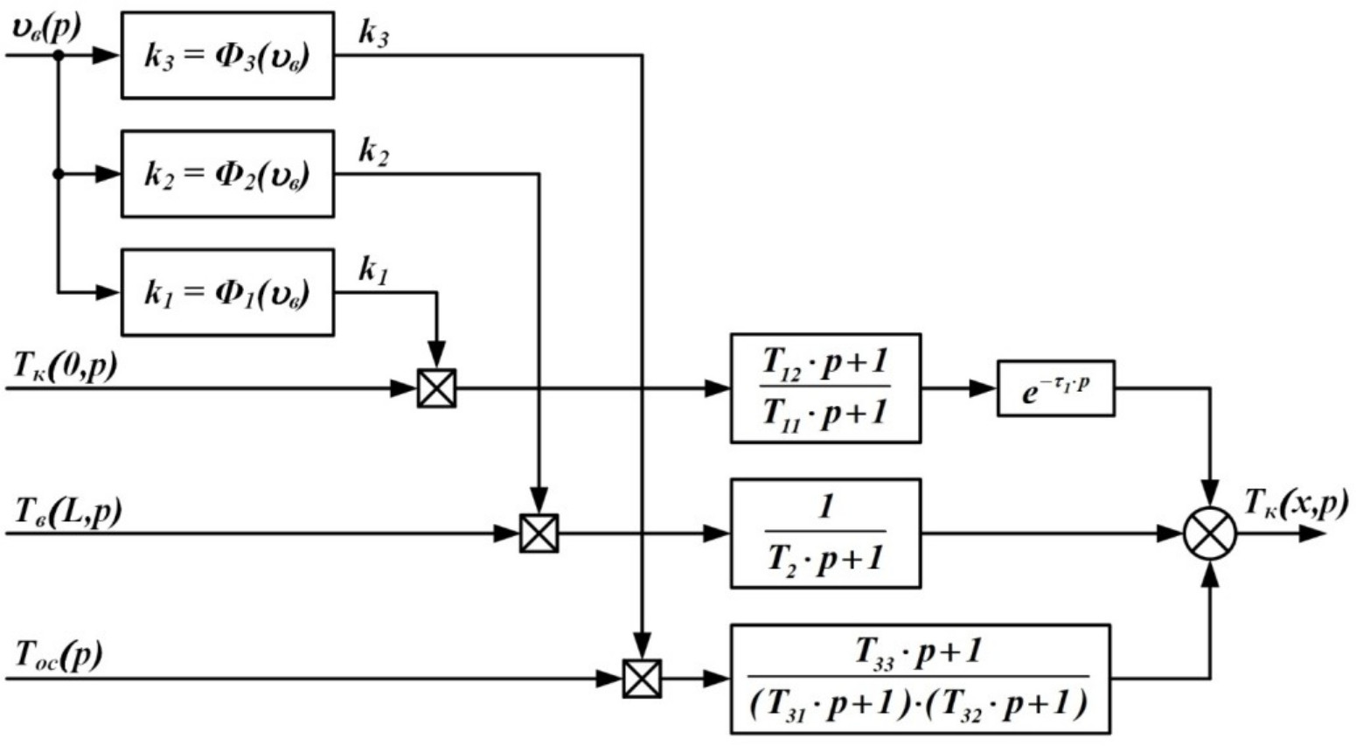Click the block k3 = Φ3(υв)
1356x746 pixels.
click(227, 56)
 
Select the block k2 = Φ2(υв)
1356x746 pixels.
click(227, 174)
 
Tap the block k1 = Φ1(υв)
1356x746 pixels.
click(227, 292)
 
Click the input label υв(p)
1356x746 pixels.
click(45, 29)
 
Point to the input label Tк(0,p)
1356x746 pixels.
click(65, 366)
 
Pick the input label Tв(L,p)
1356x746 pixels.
click(67, 511)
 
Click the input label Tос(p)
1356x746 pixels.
click(59, 655)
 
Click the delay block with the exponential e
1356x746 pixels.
click(1055, 388)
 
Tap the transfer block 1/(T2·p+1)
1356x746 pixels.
click(825, 533)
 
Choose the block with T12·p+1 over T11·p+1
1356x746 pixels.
click(825, 388)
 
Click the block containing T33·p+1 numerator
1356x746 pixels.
click(920, 679)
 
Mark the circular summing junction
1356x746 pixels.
click(1210, 533)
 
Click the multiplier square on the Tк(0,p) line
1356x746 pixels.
click(436, 388)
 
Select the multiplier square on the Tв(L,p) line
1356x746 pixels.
click(539, 533)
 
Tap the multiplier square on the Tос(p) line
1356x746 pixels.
click(642, 679)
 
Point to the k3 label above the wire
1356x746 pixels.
click(373, 35)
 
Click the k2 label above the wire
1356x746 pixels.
click(373, 153)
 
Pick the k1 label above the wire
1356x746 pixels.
click(373, 271)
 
